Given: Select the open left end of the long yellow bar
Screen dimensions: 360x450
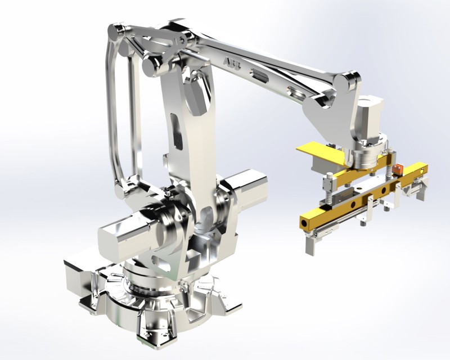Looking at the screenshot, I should pyautogui.click(x=304, y=224).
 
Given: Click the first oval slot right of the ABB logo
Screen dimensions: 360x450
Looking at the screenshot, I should pyautogui.click(x=259, y=74).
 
